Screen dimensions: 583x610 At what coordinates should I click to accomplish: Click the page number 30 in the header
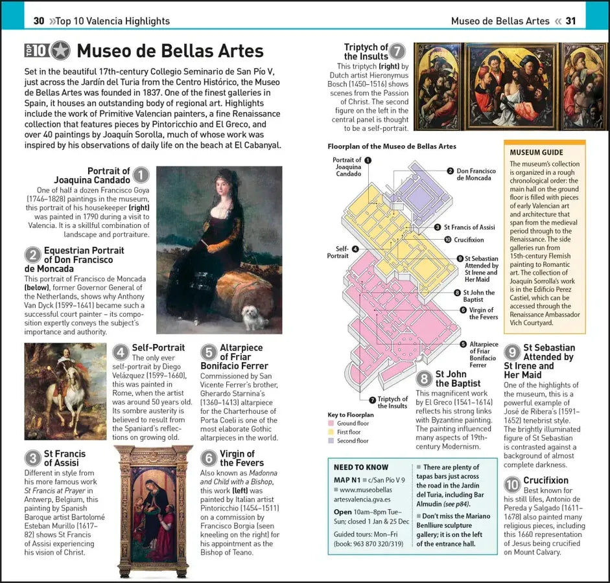39,21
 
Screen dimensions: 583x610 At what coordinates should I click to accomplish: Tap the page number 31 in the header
570,21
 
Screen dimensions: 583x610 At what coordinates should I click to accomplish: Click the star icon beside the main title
60,51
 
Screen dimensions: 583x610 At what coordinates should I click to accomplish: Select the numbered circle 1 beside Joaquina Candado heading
141,175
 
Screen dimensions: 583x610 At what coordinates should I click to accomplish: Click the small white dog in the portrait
254,317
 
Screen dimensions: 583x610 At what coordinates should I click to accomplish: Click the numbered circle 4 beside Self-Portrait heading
121,352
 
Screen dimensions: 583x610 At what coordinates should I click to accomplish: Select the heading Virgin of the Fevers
242,458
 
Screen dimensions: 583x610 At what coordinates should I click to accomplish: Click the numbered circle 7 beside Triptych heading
397,52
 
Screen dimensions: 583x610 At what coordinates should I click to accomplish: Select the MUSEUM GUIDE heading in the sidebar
536,152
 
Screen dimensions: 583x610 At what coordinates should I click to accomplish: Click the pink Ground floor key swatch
331,423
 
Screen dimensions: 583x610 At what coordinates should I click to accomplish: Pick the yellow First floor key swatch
331,432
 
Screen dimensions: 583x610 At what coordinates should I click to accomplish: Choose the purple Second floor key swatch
331,440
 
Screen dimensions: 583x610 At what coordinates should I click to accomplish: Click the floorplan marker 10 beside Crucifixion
447,240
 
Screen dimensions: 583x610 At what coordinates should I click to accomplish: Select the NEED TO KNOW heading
361,467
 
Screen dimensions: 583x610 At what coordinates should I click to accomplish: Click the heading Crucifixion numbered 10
545,481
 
